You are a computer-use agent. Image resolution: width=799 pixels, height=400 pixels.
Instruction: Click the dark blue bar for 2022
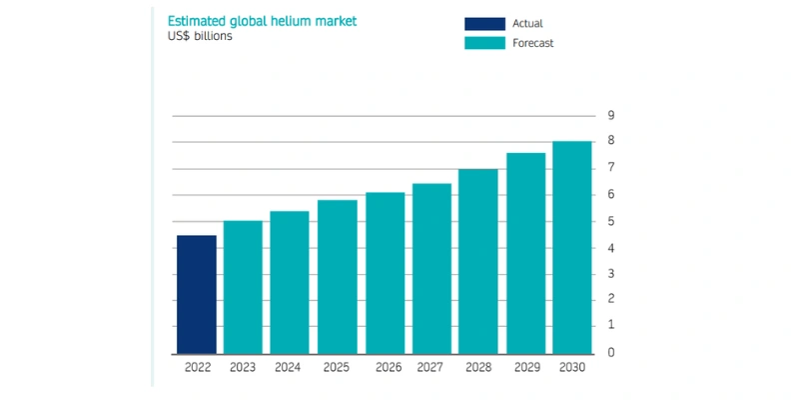pyautogui.click(x=197, y=294)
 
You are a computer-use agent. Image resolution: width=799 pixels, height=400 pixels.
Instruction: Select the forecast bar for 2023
pyautogui.click(x=243, y=287)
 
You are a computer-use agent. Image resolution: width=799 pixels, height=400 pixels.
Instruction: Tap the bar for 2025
pyautogui.click(x=338, y=277)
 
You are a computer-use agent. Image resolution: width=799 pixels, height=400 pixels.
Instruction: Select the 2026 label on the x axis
pyautogui.click(x=389, y=367)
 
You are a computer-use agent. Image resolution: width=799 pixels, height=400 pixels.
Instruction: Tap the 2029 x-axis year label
pyautogui.click(x=525, y=367)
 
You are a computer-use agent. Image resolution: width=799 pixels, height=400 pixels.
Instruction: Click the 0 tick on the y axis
pyautogui.click(x=611, y=353)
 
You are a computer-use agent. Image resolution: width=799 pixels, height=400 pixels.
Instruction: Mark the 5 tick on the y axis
pyautogui.click(x=611, y=221)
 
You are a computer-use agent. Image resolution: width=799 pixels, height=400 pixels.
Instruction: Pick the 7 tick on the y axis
pyautogui.click(x=611, y=168)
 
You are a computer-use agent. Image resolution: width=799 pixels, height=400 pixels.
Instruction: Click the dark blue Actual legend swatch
pyautogui.click(x=485, y=23)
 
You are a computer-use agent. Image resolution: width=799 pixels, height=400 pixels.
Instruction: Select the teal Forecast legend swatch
pyautogui.click(x=485, y=43)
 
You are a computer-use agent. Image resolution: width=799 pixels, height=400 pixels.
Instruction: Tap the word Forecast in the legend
pyautogui.click(x=535, y=43)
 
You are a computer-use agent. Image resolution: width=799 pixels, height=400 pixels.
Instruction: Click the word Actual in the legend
pyautogui.click(x=529, y=23)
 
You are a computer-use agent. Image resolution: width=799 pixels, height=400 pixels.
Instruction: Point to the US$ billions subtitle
pyautogui.click(x=200, y=38)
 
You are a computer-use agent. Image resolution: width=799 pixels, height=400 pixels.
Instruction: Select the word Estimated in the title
pyautogui.click(x=196, y=21)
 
